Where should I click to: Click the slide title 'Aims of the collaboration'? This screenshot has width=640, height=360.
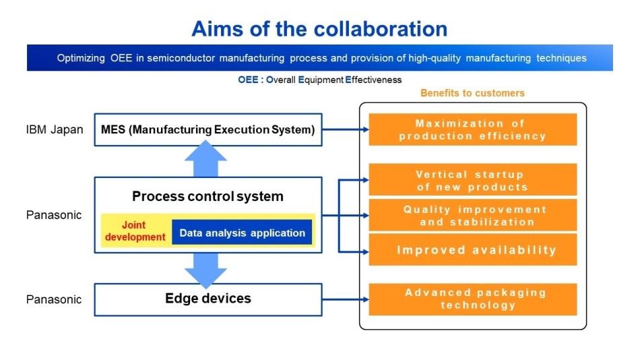(319, 29)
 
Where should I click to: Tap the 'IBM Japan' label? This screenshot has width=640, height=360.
(55, 129)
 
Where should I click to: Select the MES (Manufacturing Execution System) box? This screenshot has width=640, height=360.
(208, 129)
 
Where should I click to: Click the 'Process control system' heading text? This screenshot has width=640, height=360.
(207, 196)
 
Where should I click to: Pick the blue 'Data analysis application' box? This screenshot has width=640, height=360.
(242, 233)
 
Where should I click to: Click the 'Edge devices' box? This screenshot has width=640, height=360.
(208, 299)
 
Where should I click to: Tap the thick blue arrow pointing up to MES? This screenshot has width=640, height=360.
(205, 158)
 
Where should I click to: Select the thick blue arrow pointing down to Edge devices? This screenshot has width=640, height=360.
(205, 270)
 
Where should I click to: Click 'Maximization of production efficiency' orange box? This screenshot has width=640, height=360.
(473, 129)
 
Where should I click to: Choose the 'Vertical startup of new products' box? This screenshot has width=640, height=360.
(473, 180)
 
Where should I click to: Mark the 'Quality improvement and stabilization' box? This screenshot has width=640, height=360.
(473, 215)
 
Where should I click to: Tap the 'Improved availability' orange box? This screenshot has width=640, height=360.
(473, 249)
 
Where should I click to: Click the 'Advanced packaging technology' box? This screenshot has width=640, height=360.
(473, 299)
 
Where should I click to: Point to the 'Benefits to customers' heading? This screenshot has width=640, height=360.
(472, 93)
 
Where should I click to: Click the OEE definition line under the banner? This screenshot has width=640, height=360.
(319, 80)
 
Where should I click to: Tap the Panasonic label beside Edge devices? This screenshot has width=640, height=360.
(54, 299)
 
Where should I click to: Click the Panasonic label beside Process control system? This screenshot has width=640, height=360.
(54, 215)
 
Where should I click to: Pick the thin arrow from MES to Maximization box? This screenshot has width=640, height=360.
(346, 129)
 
